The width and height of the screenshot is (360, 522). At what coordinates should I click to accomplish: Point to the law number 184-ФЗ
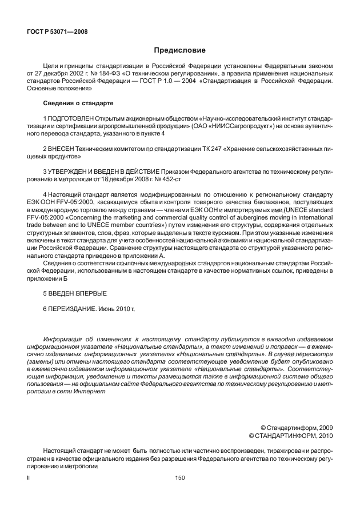coord(114,74)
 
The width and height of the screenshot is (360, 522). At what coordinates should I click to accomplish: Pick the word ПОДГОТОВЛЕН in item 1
coord(70,118)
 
